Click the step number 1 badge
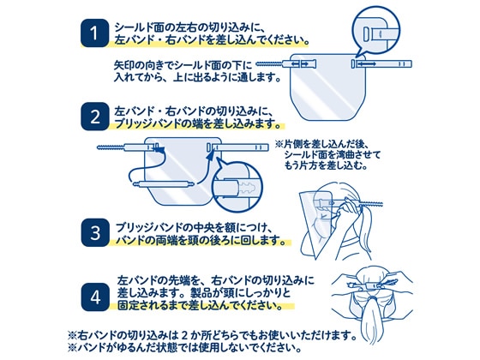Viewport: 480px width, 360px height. pyautogui.click(x=94, y=33)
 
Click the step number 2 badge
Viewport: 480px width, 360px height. pyautogui.click(x=94, y=117)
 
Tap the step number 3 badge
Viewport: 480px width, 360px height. pyautogui.click(x=95, y=232)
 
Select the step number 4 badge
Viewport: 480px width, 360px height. pyautogui.click(x=95, y=297)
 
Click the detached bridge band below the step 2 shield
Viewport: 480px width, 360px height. pyautogui.click(x=164, y=184)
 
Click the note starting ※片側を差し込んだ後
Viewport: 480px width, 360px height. pyautogui.click(x=328, y=154)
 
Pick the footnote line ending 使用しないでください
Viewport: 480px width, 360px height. pyautogui.click(x=185, y=347)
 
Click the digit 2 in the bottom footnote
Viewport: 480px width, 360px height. pyautogui.click(x=184, y=336)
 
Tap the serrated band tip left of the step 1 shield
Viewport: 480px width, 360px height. pyautogui.click(x=268, y=64)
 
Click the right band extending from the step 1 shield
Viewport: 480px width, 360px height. pyautogui.click(x=381, y=64)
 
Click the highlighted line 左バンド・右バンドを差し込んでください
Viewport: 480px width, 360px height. pyautogui.click(x=211, y=40)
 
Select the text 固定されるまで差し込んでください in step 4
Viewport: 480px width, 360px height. pyautogui.click(x=200, y=305)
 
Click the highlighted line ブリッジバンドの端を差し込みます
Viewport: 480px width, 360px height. pyautogui.click(x=197, y=123)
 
